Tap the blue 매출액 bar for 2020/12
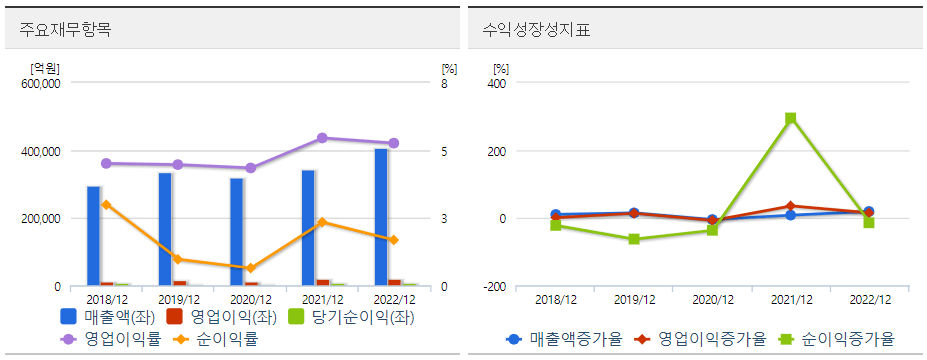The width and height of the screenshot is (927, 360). (x=237, y=232)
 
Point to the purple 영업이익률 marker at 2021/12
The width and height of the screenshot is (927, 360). (x=322, y=138)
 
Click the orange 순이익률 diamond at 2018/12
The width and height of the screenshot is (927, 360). (x=106, y=205)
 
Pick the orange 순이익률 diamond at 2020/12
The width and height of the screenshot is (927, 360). (x=250, y=268)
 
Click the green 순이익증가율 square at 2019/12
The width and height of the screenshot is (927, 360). (x=634, y=240)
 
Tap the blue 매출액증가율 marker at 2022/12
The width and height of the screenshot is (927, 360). (x=868, y=212)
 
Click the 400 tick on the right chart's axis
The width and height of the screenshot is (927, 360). (x=497, y=84)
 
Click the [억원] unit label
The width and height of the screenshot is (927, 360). (x=44, y=69)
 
